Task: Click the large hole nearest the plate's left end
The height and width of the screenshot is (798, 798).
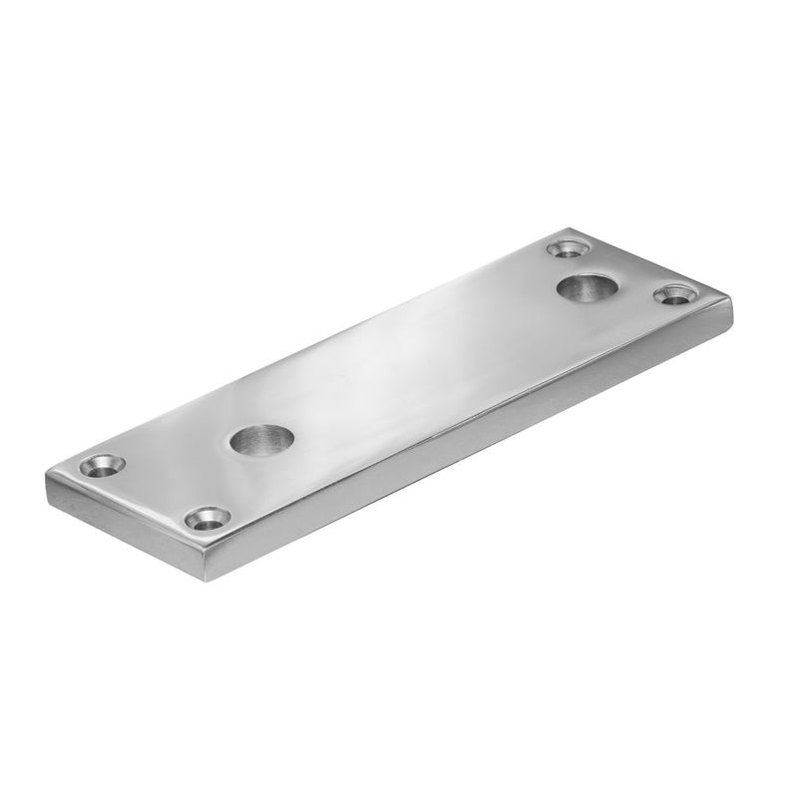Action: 262,438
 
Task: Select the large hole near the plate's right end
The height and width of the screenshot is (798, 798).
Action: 586,289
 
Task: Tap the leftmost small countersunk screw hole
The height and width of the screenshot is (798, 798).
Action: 103,465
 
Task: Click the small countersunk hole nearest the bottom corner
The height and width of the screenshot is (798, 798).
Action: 206,519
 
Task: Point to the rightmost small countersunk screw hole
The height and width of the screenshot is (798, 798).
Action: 675,294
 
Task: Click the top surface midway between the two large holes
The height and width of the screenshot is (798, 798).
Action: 424,364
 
